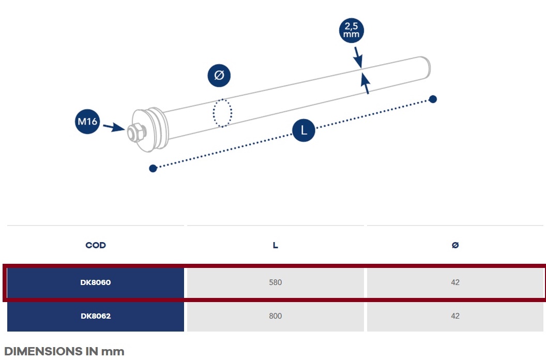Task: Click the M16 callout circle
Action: click(87, 121)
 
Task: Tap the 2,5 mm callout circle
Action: click(352, 31)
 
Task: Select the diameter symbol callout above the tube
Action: click(219, 76)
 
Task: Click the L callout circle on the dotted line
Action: click(304, 130)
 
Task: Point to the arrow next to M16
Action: click(114, 127)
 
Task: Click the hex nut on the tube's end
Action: click(136, 133)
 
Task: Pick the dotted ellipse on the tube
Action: click(222, 113)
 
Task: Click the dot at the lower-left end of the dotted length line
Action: click(153, 169)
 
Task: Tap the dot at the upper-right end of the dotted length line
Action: click(433, 99)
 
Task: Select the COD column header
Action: click(96, 245)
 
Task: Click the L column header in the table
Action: click(276, 245)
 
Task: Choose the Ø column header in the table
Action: click(455, 245)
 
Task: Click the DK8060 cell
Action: click(96, 282)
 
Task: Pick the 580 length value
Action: click(276, 282)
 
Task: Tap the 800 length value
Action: click(276, 316)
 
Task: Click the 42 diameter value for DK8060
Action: click(455, 282)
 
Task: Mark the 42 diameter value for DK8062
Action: click(455, 316)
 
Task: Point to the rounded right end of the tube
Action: click(426, 67)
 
